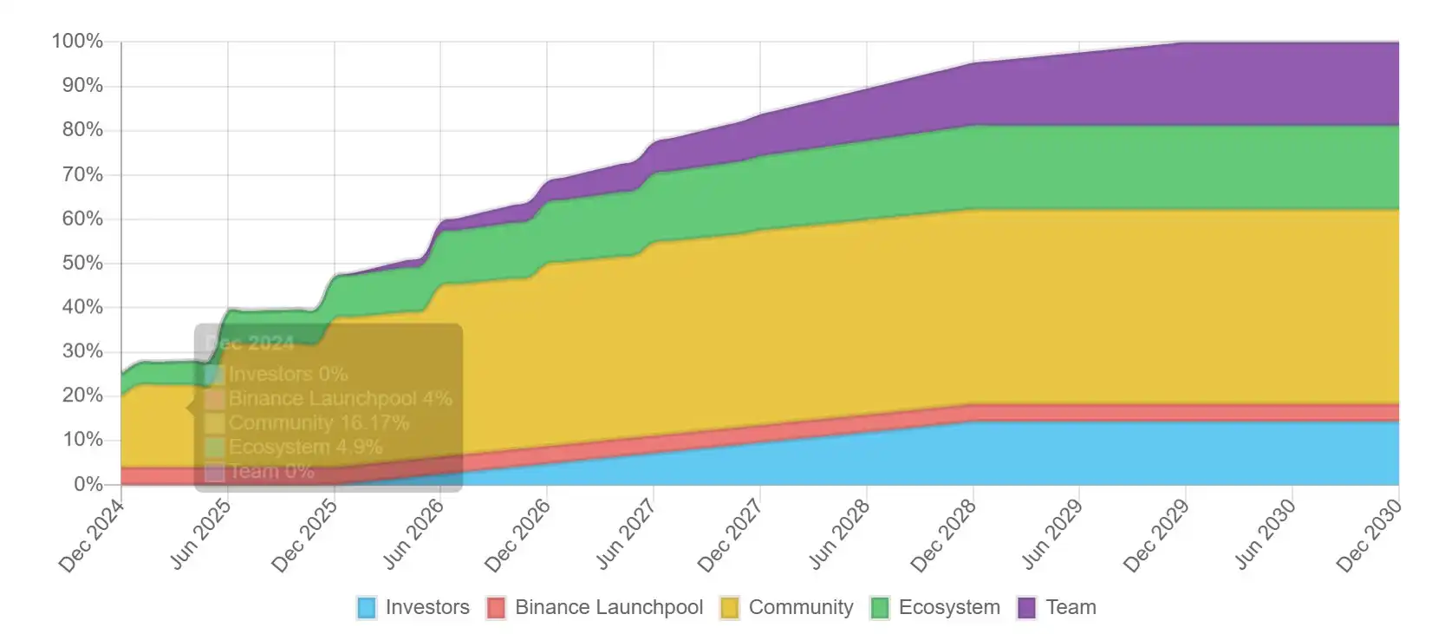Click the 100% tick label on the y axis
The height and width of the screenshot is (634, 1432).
tap(77, 42)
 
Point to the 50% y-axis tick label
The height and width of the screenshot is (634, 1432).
tap(82, 263)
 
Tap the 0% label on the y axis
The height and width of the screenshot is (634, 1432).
tap(88, 484)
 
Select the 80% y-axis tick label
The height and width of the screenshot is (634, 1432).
tap(82, 130)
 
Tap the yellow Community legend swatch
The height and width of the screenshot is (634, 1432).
tap(730, 608)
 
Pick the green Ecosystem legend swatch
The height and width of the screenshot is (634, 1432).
tap(880, 608)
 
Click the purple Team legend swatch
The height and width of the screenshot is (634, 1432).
tap(1026, 608)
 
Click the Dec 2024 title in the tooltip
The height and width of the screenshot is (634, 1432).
tap(251, 343)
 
